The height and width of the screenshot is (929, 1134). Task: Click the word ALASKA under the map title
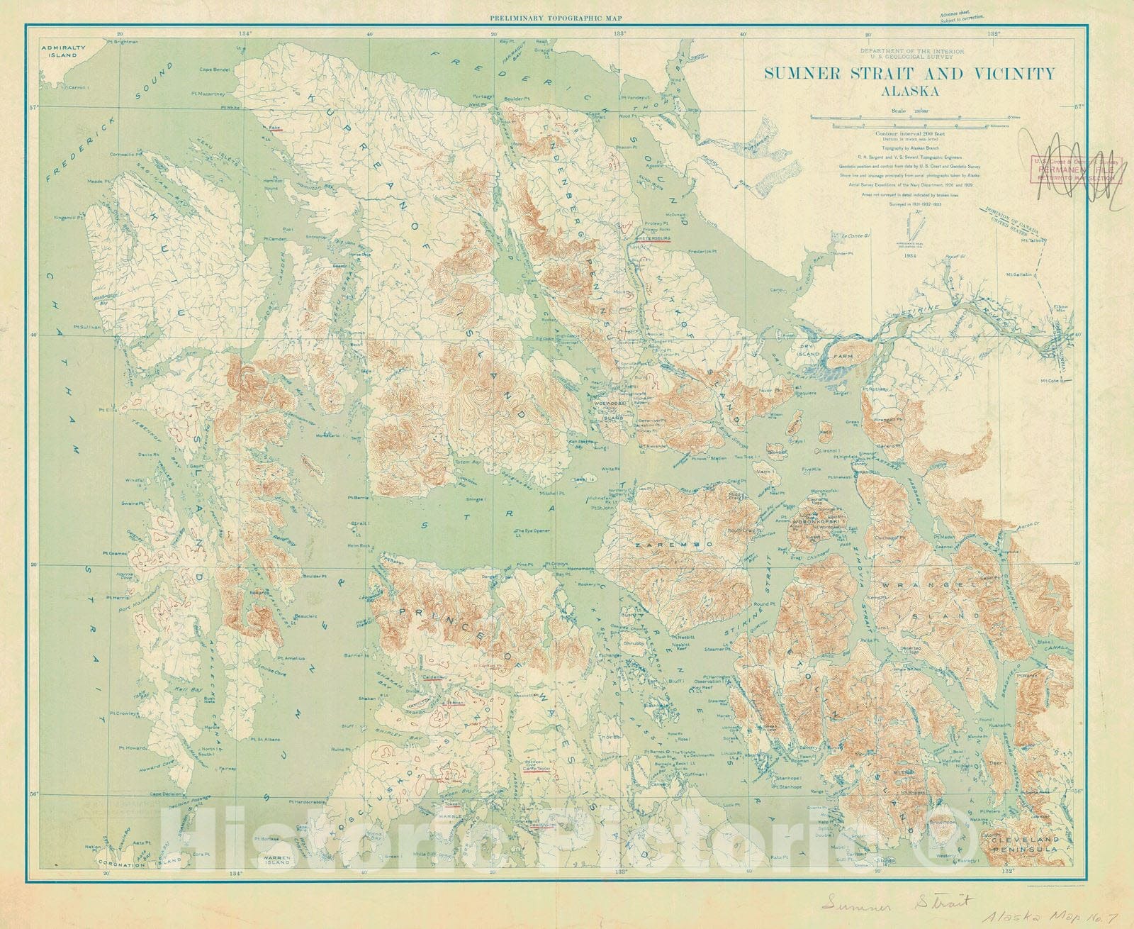[909, 91]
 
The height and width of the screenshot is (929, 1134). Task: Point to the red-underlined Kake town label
[275, 128]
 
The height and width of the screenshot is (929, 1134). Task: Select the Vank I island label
[763, 470]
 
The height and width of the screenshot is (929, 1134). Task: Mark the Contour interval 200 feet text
[908, 133]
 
